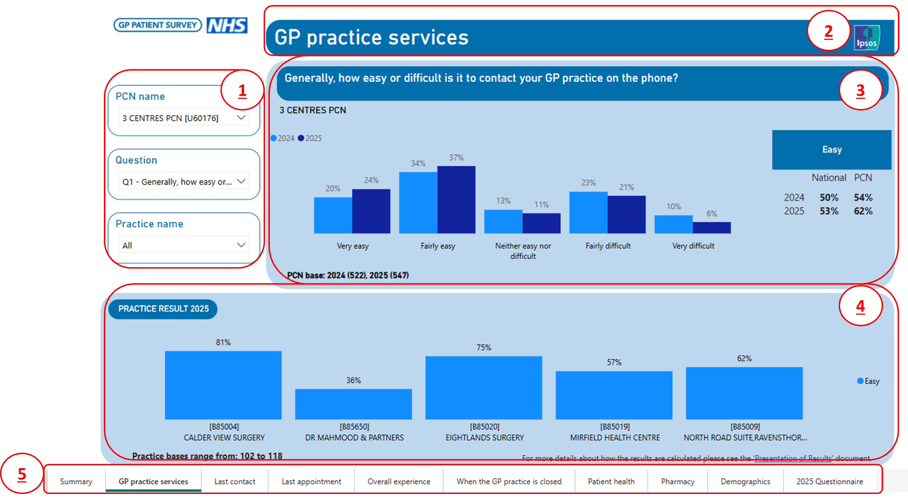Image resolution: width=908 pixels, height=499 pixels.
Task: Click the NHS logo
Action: [x=227, y=25]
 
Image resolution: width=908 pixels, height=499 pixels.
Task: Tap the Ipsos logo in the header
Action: [x=867, y=37]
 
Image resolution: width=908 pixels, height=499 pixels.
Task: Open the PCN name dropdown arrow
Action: [x=241, y=117]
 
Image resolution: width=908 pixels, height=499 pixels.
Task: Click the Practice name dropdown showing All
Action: [x=184, y=245]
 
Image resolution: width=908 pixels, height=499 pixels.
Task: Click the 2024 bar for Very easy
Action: [x=333, y=215]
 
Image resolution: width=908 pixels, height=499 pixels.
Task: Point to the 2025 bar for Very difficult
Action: [x=712, y=228]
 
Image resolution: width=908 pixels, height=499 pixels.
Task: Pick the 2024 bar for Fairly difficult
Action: [x=588, y=212]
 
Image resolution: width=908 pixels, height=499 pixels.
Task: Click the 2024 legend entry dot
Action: [x=273, y=138]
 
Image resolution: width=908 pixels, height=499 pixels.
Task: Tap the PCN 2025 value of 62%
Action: [x=863, y=211]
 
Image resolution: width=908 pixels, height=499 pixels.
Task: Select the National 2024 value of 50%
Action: [x=829, y=198]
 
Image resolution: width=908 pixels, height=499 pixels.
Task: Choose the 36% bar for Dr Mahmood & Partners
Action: [x=353, y=404]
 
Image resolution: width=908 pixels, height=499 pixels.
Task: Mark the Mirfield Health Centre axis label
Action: [x=615, y=438]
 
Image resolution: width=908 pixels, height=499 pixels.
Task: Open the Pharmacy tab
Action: [x=677, y=481]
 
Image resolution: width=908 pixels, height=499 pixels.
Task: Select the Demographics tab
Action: [x=745, y=481]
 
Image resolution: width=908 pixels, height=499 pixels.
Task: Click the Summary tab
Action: [x=76, y=481]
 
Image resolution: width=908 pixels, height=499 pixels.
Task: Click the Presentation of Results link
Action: [x=793, y=458]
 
